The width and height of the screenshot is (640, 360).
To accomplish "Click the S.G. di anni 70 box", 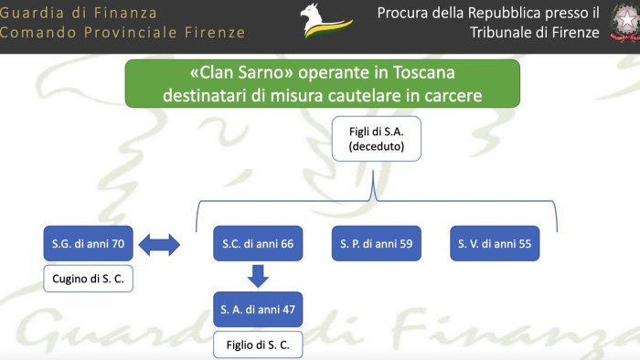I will point(88,245).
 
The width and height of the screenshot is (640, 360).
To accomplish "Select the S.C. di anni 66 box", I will point(257,245).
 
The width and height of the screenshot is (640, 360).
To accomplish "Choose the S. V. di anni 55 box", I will point(496,245).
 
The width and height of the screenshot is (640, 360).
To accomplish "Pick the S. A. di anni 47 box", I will point(257,309).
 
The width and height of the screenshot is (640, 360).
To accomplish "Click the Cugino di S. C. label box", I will point(88,279).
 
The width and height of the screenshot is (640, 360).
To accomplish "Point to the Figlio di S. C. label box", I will point(257,344).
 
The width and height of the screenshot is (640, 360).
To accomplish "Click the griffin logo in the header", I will point(323,23).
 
